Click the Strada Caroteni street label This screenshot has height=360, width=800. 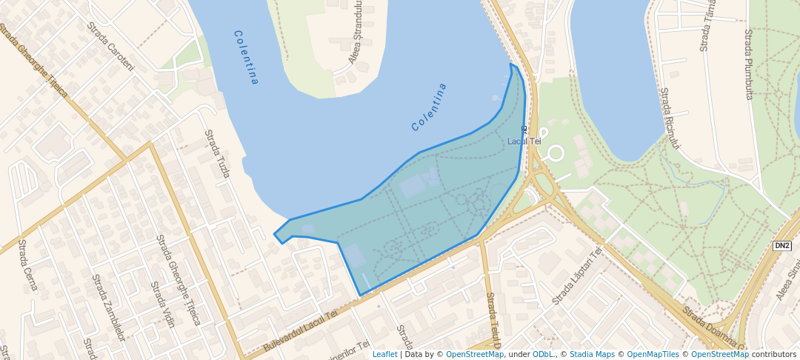pos(110,46)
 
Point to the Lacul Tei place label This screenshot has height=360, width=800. pos(524,141)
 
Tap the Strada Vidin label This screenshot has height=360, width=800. pos(162,304)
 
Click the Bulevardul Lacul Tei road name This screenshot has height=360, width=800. pos(300,331)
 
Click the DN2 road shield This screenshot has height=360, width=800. pos(781,245)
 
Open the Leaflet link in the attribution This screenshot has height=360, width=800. pos(384,354)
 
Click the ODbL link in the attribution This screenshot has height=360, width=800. pos(543,354)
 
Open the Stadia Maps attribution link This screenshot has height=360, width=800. pos(592,354)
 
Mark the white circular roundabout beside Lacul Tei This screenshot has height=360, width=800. pos(554,154)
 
